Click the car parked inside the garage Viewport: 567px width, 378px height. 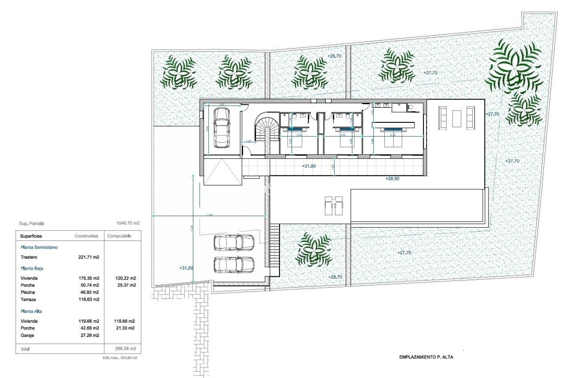(x=221, y=128)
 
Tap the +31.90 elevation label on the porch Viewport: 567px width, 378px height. (x=309, y=166)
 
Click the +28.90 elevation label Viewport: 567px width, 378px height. (x=392, y=179)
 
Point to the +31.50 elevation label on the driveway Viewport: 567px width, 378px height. (x=186, y=268)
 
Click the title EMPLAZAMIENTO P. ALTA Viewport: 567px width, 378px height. (x=426, y=357)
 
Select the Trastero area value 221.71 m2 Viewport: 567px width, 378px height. (x=89, y=257)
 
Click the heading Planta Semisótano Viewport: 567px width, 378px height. (x=39, y=247)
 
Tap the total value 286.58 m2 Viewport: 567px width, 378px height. (x=126, y=348)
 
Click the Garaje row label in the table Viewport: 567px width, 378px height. (x=27, y=335)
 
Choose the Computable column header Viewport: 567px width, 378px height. (x=119, y=236)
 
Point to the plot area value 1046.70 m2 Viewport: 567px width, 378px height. (x=128, y=223)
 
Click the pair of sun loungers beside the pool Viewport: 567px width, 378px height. (x=333, y=206)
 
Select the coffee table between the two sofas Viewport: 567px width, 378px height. (x=457, y=118)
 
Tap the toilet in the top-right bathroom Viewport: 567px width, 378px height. (x=410, y=108)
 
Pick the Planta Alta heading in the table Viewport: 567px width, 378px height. (x=31, y=311)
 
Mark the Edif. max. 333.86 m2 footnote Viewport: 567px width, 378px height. (x=120, y=358)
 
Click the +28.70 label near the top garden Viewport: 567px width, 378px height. (x=334, y=56)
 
